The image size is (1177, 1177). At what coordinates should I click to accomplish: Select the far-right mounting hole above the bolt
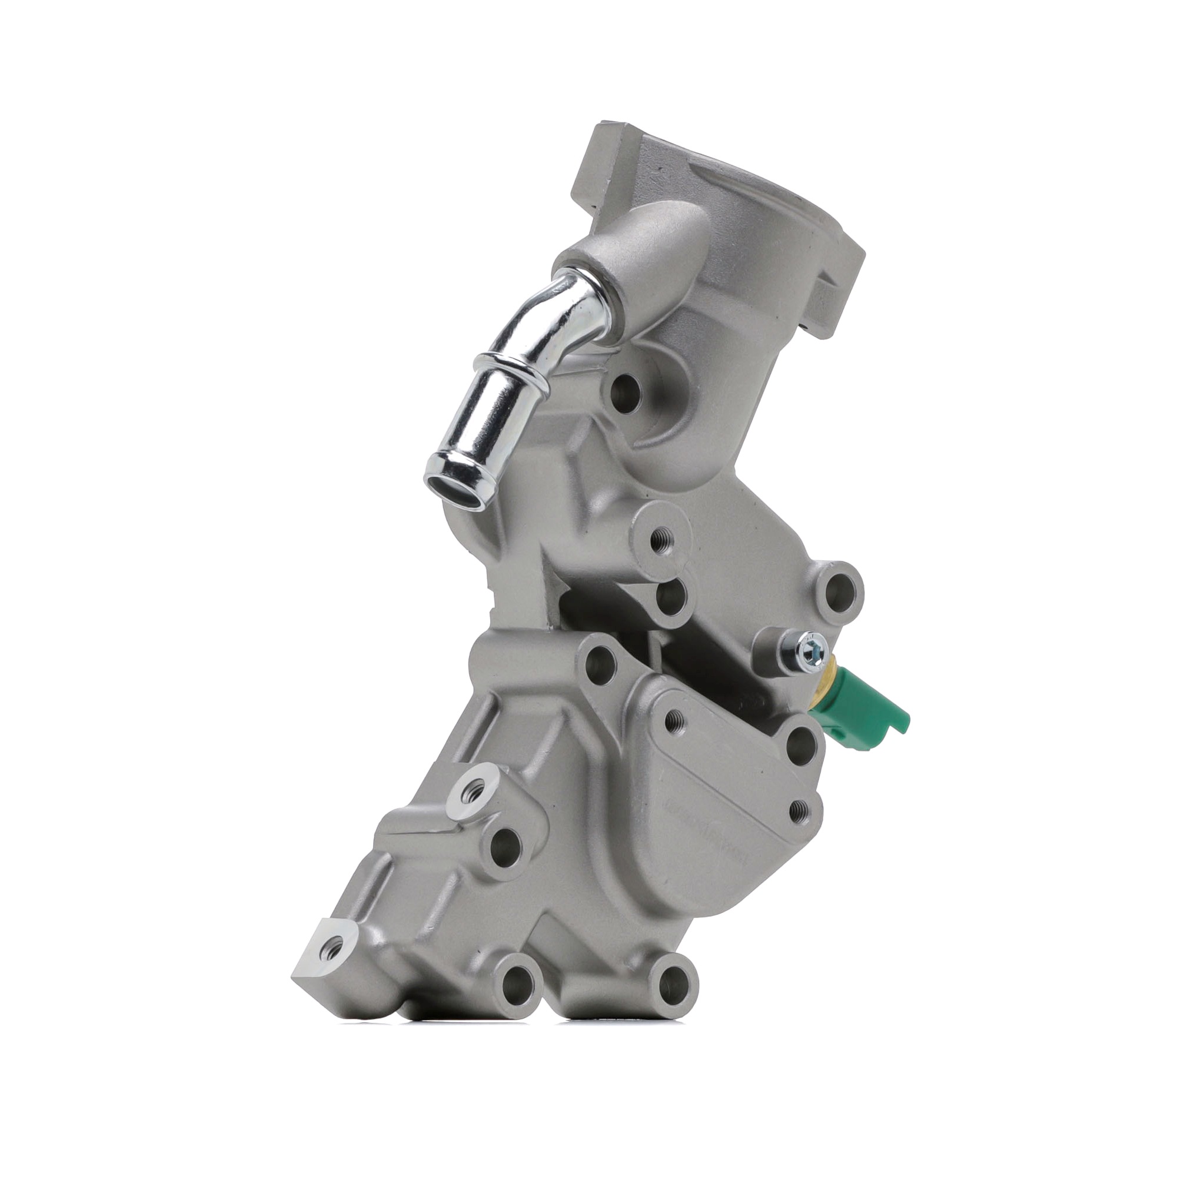tap(838, 588)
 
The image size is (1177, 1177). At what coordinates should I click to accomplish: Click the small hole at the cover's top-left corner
tap(673, 723)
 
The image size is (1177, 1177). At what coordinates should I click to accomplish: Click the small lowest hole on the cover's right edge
tap(799, 810)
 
